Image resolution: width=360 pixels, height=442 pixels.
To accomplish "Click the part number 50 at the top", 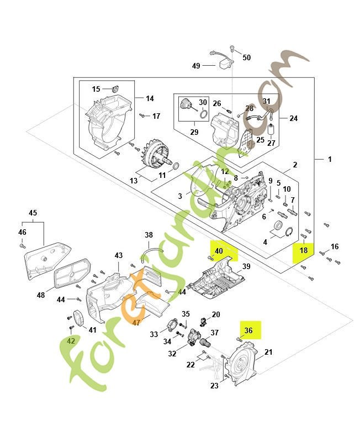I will point(246,57).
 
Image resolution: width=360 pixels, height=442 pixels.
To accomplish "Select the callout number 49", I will point(196,66).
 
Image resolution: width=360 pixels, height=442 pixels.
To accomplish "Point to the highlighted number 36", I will point(248,330).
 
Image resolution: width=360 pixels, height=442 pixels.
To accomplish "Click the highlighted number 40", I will point(219,251).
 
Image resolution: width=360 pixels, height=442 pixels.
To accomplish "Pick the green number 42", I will point(71,341).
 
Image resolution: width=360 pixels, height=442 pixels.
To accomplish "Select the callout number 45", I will point(33,213).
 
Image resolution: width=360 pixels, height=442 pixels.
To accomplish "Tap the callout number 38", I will point(149,235).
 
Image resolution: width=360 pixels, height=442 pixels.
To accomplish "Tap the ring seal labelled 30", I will point(203,115).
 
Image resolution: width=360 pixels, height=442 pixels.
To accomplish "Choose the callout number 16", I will point(335,246).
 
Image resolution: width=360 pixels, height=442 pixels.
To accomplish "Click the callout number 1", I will point(330,159).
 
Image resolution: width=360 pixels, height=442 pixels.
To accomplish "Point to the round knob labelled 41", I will point(77,319).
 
